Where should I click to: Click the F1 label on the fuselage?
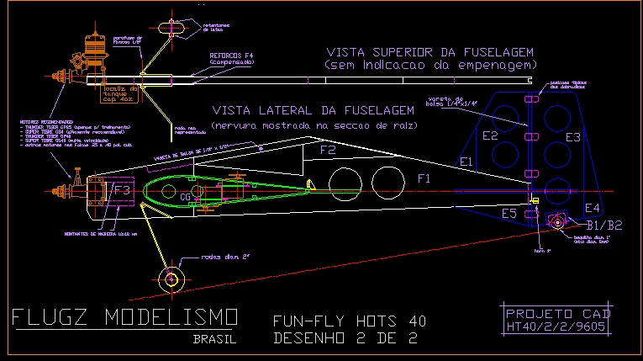coord(424,179)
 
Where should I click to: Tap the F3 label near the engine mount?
coord(122,191)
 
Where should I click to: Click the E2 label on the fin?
coord(489,135)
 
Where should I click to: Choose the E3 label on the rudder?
coord(572,136)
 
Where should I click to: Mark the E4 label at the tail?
coord(593,208)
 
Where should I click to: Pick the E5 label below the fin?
coord(509,214)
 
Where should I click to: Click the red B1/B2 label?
coord(603,226)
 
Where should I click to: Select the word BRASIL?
coord(214,340)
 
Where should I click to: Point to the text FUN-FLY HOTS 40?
coord(349,321)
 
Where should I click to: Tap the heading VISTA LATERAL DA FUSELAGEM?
coord(314,110)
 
